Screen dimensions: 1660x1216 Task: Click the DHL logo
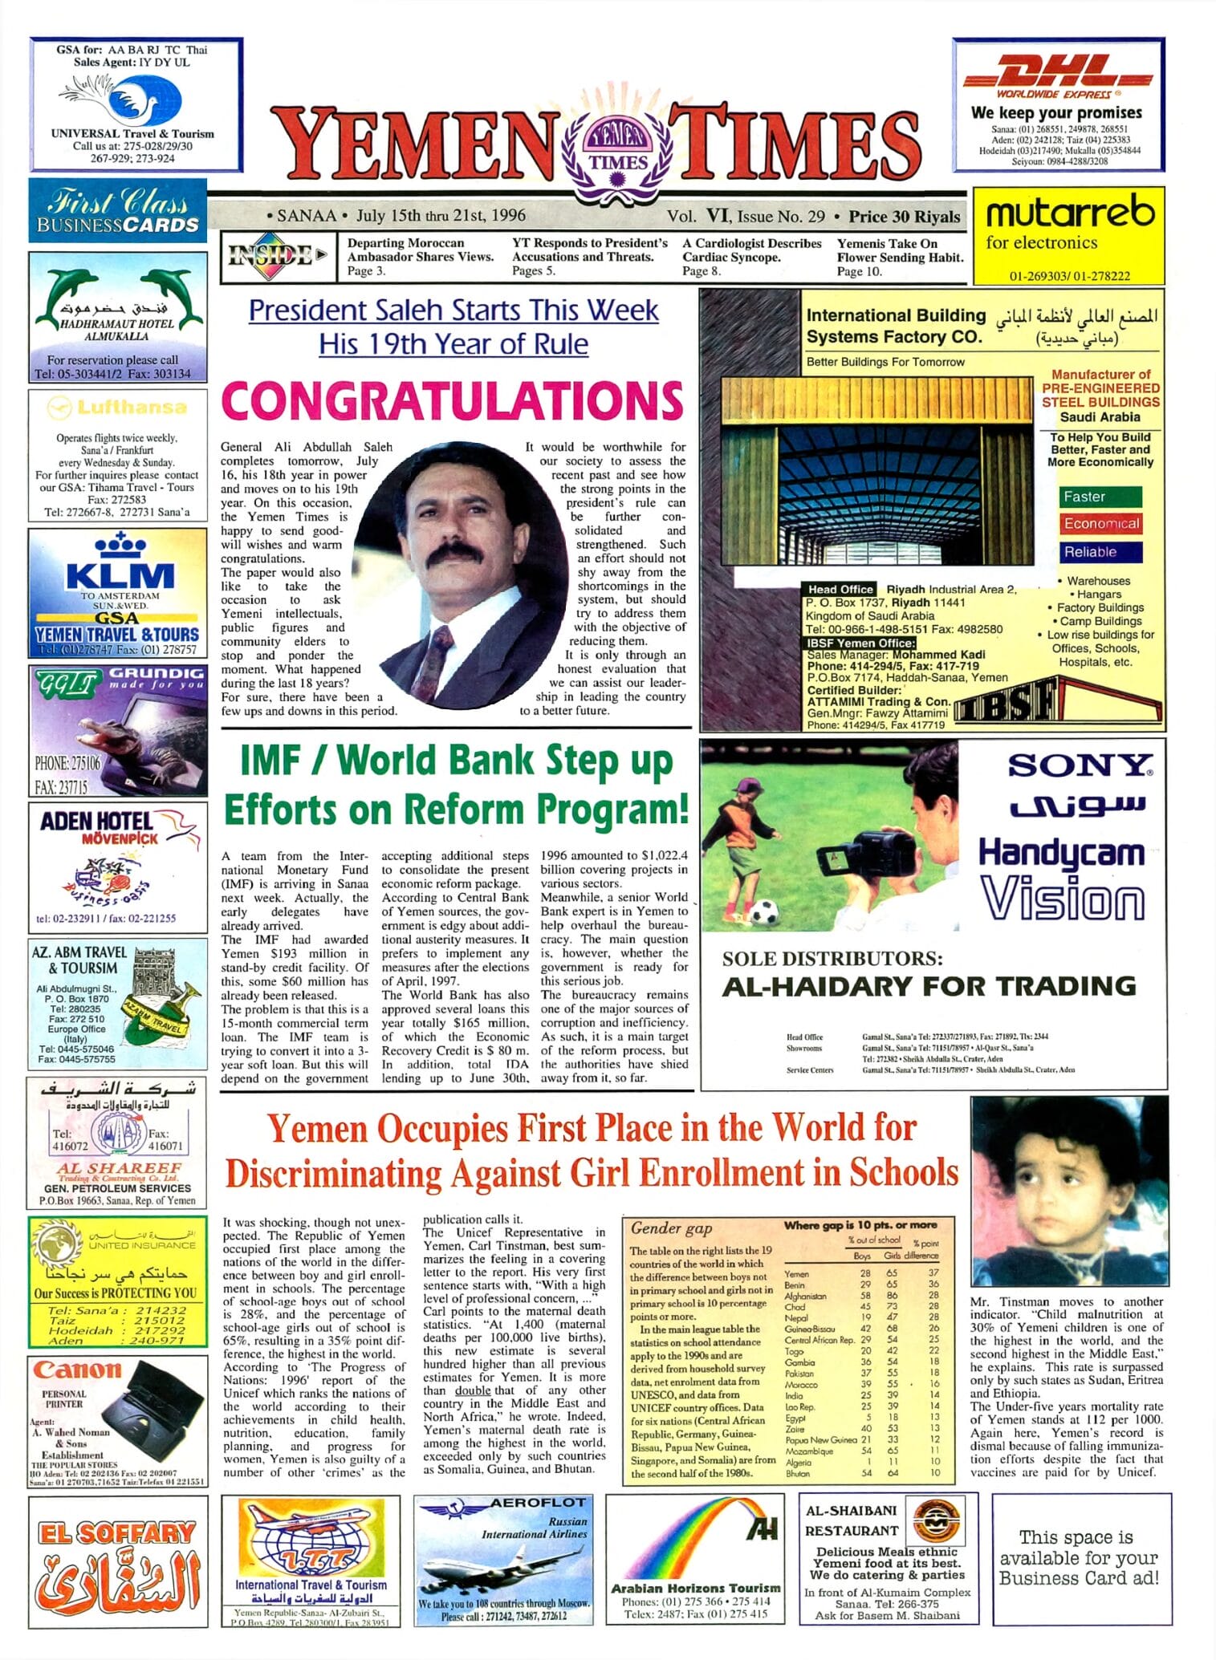pos(1057,71)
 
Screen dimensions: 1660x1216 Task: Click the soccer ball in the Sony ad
pos(766,911)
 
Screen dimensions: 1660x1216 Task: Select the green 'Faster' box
pos(1100,497)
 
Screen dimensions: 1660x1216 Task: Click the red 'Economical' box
pos(1100,524)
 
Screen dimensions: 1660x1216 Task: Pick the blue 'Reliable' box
pos(1099,552)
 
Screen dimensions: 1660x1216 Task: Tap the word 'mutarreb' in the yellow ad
pos(1069,213)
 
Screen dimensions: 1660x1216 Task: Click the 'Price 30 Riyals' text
pos(904,217)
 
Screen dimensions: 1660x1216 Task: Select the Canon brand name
pos(77,1369)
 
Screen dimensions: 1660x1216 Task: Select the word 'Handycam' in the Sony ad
pos(1060,852)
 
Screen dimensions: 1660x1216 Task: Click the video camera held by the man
pos(854,853)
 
